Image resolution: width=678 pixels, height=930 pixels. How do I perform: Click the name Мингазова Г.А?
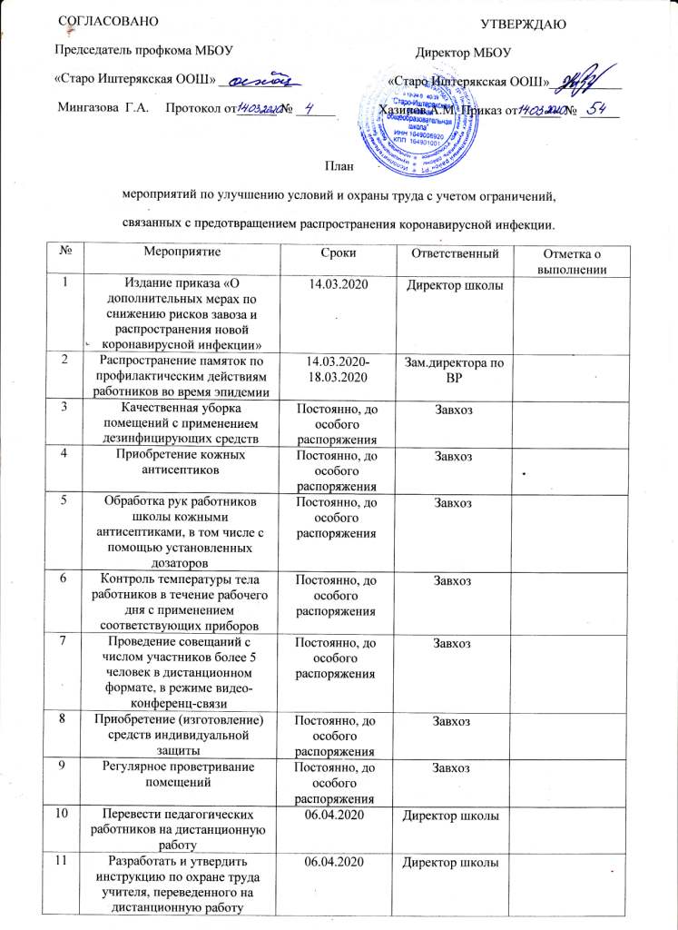click(103, 110)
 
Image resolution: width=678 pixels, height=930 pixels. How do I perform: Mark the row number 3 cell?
click(64, 409)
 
